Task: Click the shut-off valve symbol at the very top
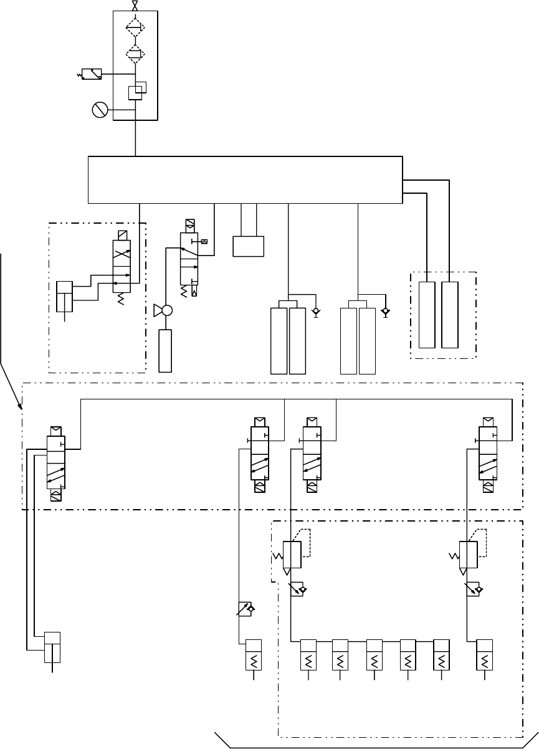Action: coord(135,6)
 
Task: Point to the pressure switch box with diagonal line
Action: coord(92,74)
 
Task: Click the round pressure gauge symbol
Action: coord(99,110)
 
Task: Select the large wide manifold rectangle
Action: coord(245,179)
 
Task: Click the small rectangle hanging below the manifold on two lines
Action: coord(248,246)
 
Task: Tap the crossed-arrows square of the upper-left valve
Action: coord(122,252)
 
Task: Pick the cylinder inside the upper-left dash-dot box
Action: coord(65,296)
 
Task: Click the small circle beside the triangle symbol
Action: coord(166,310)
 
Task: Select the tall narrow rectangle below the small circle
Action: coord(165,350)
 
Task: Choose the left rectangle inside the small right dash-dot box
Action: coord(427,315)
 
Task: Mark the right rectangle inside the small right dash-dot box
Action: coord(449,315)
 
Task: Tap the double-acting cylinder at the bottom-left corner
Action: coord(52,648)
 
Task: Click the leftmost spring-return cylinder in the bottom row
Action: coord(254,655)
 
